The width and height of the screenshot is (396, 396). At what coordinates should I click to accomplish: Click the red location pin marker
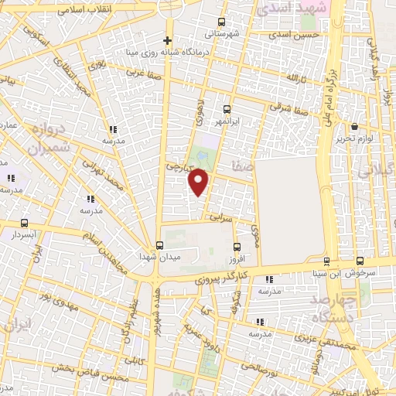tap(200, 181)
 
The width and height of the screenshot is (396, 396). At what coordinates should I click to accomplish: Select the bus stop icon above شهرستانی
tap(223, 22)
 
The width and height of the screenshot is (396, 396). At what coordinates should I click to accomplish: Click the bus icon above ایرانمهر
tap(227, 109)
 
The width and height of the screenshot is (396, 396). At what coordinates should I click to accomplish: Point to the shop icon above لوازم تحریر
tap(355, 126)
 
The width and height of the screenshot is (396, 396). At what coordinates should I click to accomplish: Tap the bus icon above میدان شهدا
tap(159, 245)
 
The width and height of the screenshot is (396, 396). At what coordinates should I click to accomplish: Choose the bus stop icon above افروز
tap(237, 247)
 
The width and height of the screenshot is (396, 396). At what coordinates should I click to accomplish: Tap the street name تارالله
tap(297, 80)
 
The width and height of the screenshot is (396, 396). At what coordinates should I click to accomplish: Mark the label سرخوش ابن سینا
tap(372, 272)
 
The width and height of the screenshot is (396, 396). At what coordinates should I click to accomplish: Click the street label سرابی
tap(220, 220)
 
